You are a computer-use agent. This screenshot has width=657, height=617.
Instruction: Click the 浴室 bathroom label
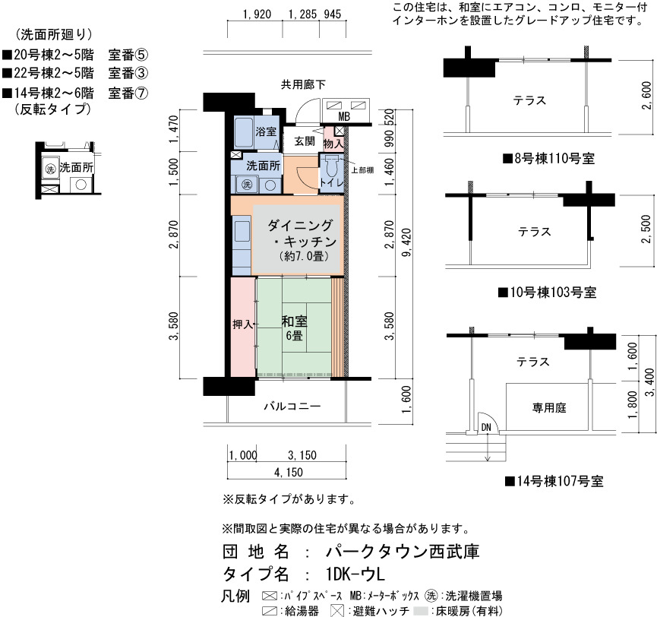(266, 131)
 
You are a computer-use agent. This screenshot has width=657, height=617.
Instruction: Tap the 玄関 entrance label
(305, 141)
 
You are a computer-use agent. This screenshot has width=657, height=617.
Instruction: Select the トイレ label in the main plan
(331, 182)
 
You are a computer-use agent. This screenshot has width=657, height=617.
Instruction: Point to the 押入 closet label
(242, 324)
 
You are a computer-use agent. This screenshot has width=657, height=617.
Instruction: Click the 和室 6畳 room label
(294, 328)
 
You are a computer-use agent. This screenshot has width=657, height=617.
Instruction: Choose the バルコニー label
(292, 407)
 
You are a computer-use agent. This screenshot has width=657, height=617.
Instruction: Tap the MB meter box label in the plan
(344, 116)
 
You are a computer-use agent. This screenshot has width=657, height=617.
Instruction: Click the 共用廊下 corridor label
(303, 84)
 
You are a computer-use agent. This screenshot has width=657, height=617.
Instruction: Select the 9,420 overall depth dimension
(406, 242)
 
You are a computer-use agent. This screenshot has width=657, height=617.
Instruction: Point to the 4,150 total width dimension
(289, 473)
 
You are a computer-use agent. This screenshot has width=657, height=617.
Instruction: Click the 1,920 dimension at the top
(257, 14)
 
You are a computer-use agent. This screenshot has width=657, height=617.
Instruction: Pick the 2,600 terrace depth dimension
(646, 96)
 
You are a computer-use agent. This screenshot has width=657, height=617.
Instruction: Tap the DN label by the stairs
(486, 428)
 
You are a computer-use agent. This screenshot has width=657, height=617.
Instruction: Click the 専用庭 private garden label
(549, 407)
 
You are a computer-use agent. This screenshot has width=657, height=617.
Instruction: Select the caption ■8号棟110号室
(549, 159)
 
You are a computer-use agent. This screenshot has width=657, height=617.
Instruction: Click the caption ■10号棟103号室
(547, 293)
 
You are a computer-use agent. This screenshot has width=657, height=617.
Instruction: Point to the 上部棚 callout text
(362, 170)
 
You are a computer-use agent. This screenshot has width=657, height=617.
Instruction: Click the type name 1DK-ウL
(355, 574)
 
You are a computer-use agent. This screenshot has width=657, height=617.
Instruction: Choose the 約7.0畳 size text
(304, 256)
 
